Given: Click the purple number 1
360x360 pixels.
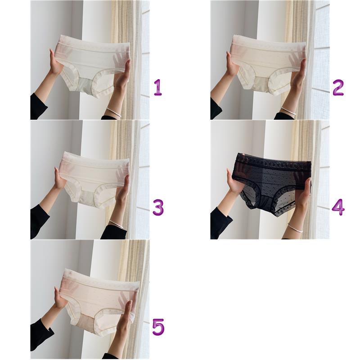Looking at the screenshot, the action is click(158, 87).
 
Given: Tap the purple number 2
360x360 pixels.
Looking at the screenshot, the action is click(338, 87).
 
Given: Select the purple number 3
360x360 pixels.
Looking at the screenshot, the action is click(158, 207).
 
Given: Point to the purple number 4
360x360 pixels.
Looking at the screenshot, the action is click(338, 207).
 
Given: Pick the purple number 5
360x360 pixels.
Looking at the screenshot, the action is click(158, 327).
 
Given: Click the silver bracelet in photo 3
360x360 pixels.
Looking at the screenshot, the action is click(116, 224).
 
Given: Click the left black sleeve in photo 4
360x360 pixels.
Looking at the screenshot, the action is click(220, 223).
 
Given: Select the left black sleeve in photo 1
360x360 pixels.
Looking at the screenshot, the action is click(38, 107).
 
